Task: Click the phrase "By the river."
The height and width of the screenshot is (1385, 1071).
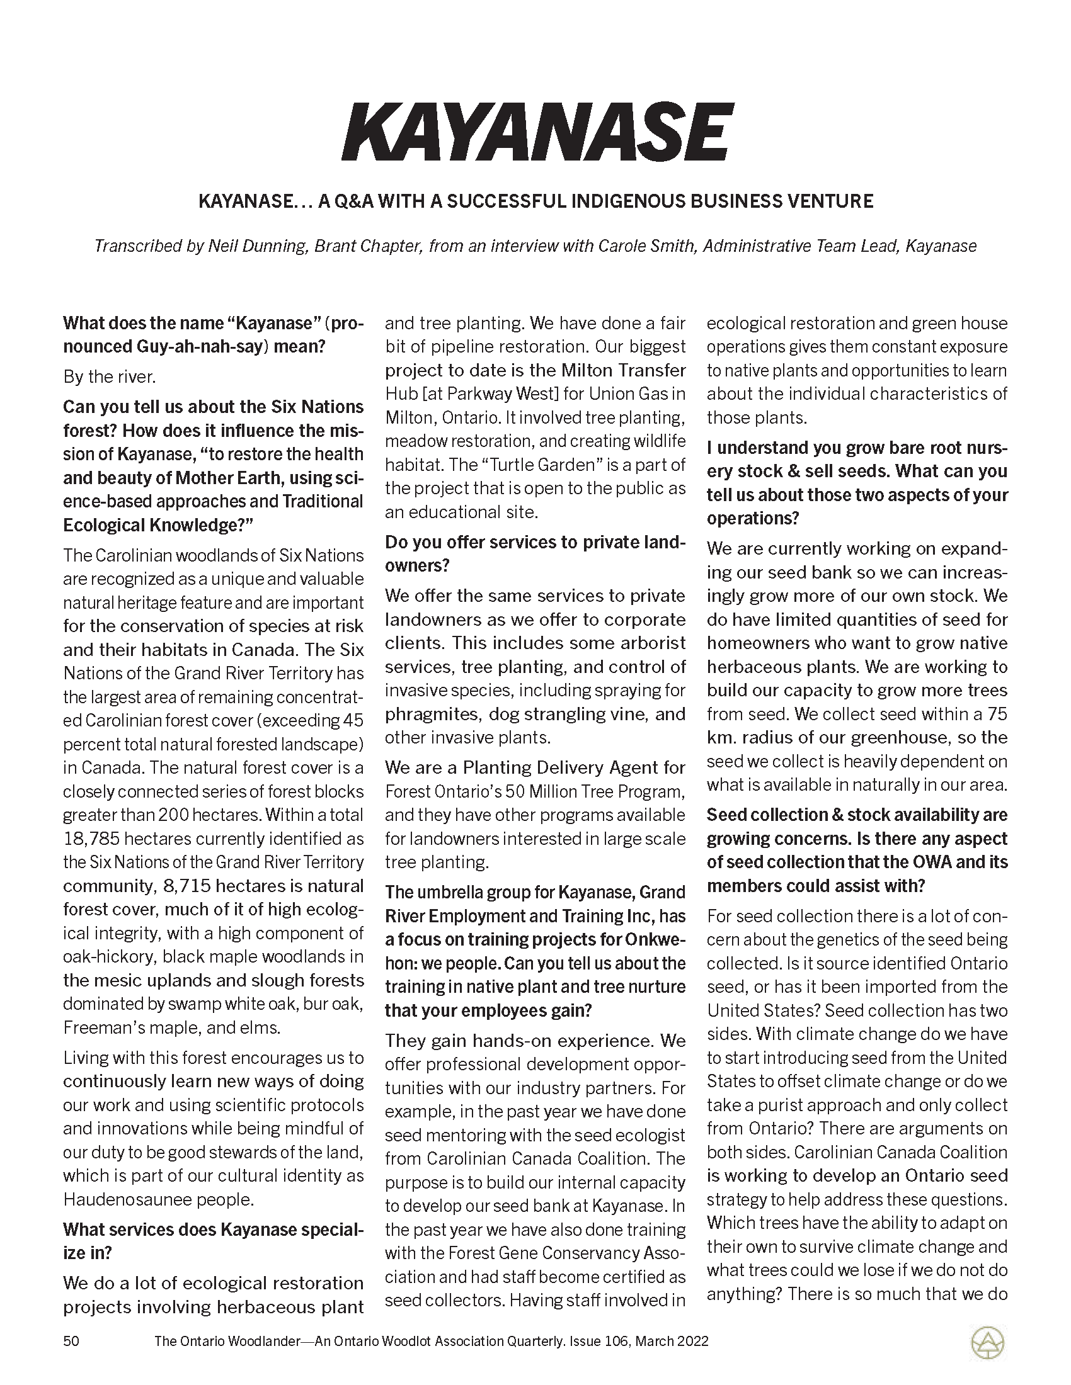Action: [x=109, y=376]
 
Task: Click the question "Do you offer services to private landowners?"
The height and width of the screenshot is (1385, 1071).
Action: [x=535, y=554]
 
